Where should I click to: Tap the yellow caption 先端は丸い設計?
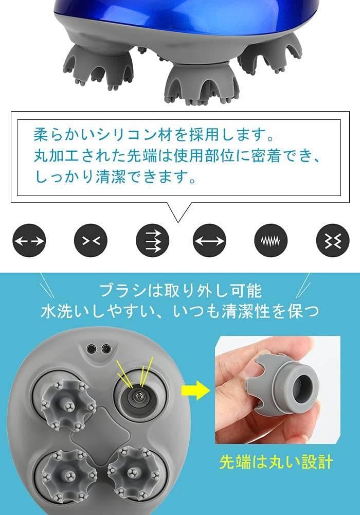[276, 461]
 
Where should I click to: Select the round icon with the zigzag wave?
[271, 240]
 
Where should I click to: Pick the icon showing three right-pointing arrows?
[152, 240]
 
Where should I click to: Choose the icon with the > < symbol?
[91, 240]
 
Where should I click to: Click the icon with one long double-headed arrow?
[209, 240]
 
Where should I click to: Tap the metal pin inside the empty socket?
[138, 396]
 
